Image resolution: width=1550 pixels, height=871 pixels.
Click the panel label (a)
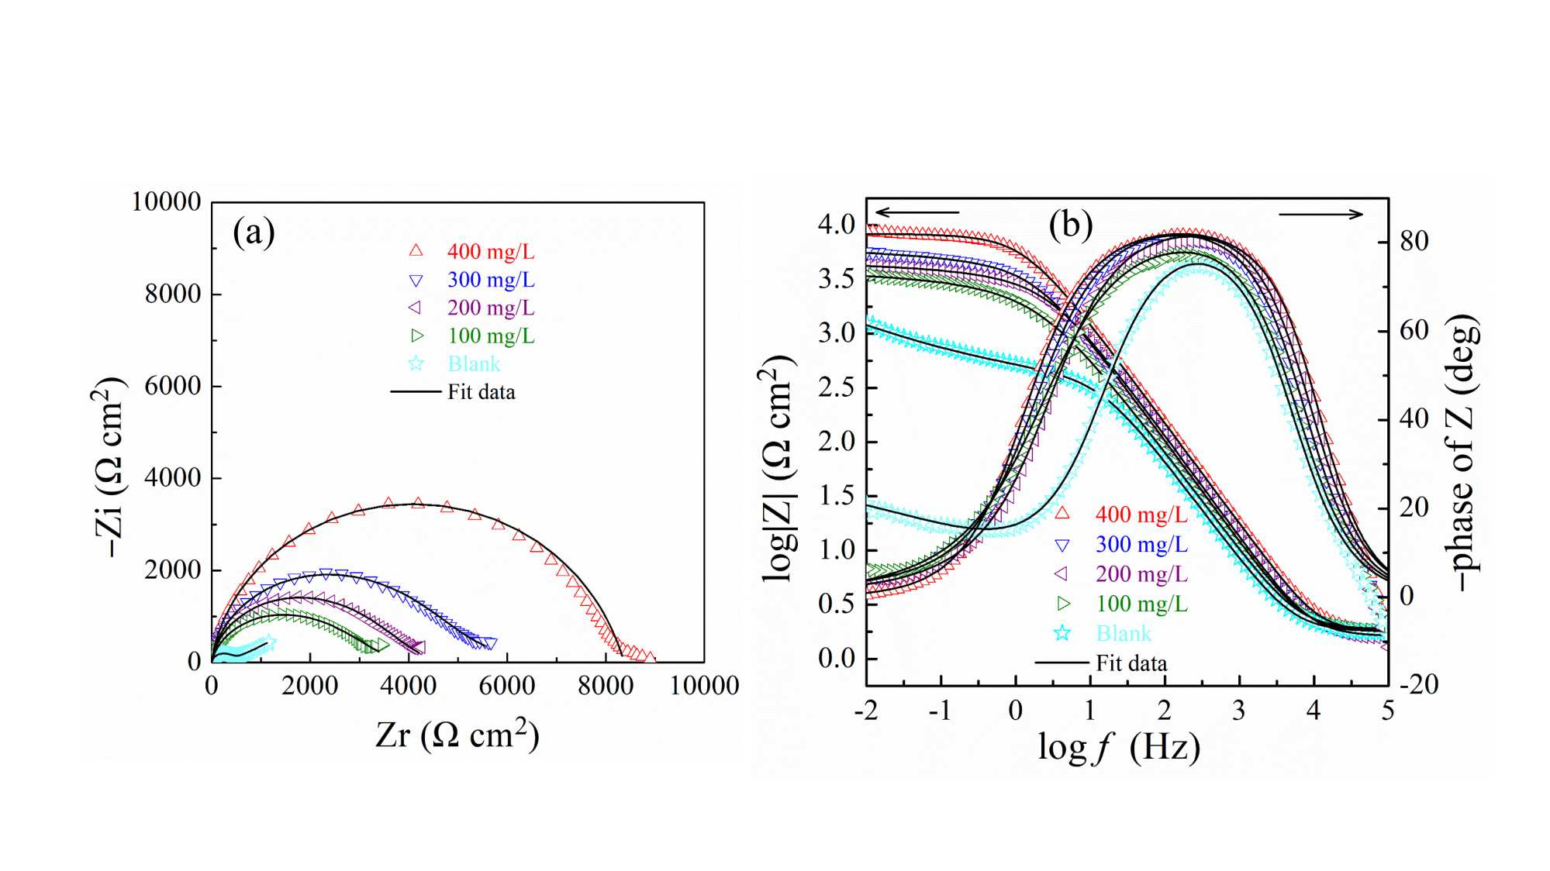coord(254,232)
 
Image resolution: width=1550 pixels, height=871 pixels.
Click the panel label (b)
coord(1070,225)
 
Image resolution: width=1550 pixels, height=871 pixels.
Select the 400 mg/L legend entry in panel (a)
coord(490,251)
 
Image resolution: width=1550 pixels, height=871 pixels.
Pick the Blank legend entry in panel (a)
coord(474,363)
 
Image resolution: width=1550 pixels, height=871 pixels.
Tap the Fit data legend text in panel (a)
coord(481,392)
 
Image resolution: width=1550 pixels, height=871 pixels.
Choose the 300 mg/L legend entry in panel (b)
coord(1141,545)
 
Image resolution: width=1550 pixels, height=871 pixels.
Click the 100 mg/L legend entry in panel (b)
coord(1141,604)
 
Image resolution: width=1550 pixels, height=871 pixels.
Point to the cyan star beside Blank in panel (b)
coord(1062,633)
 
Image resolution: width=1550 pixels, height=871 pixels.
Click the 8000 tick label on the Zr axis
coord(606,686)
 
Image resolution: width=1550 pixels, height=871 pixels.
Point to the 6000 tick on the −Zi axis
coord(172,385)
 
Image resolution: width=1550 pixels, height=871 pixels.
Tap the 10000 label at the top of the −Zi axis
coord(166,201)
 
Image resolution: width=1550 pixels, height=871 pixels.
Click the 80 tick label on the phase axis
coord(1414,241)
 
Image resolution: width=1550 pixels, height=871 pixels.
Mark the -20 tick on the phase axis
coord(1418,684)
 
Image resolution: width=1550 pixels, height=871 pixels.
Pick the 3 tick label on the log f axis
coord(1238,710)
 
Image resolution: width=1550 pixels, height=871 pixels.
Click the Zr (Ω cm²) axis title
coord(457,734)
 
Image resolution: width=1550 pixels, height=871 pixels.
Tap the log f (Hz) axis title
coord(1119,747)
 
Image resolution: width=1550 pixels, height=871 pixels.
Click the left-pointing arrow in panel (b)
coord(917,212)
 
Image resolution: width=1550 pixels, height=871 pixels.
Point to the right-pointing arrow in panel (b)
coord(1320,214)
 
